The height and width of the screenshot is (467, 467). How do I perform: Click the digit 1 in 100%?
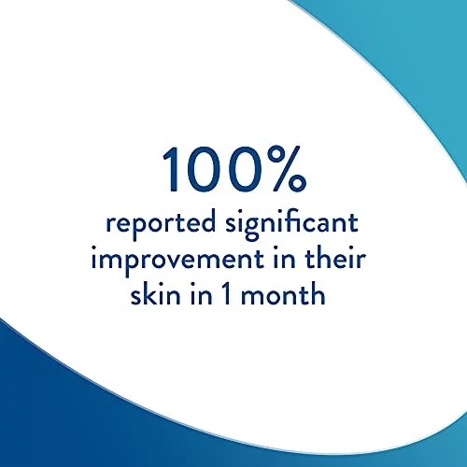pos(171,169)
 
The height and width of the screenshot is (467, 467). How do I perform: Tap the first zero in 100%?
pos(203,169)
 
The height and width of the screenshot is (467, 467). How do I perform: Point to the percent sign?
pos(287,169)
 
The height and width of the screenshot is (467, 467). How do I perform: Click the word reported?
pos(161,224)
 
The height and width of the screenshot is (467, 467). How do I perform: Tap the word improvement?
pos(177,261)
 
